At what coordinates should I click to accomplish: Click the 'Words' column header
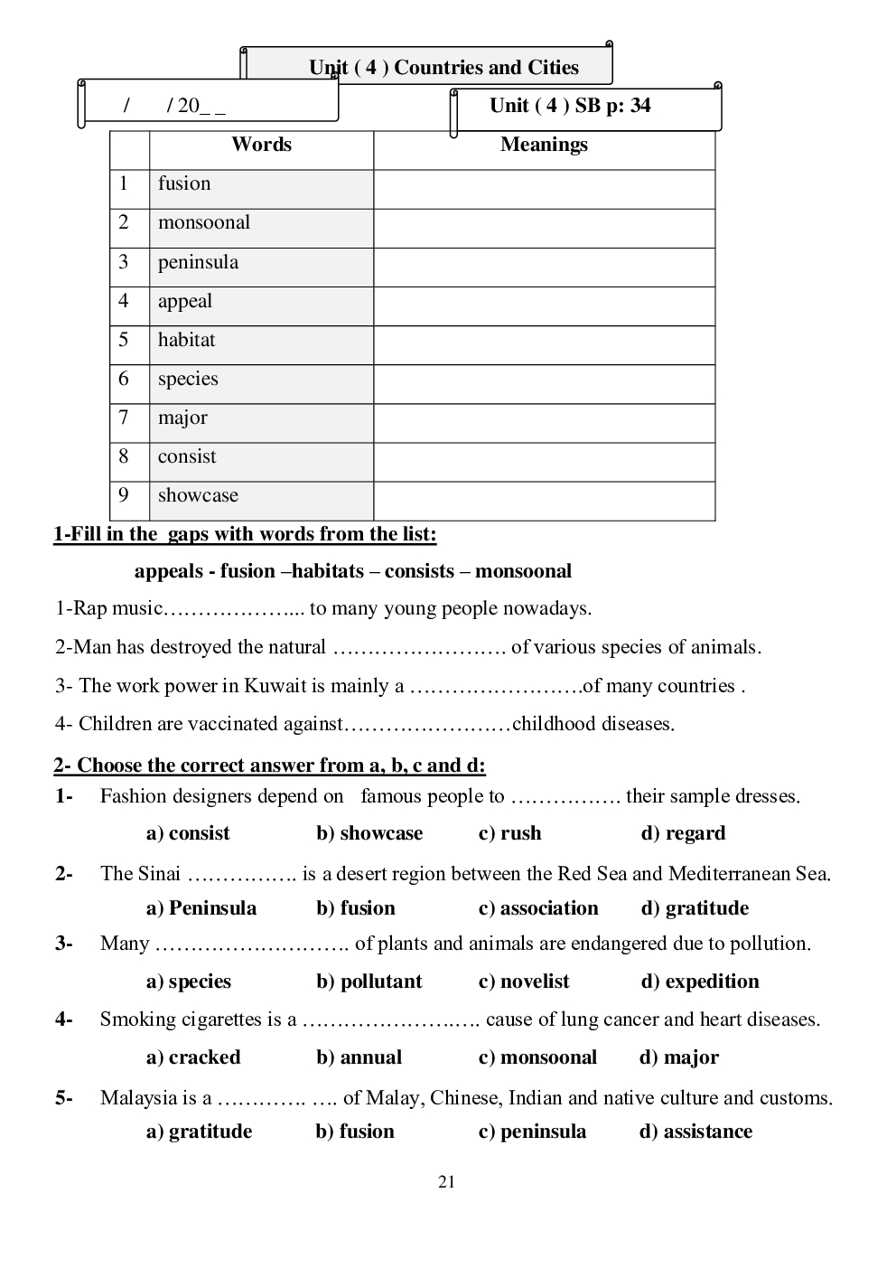coord(261,145)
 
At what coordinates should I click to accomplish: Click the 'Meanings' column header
coord(544,145)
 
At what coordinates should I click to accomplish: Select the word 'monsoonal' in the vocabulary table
coord(204,222)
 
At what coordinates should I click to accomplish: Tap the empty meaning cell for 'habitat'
coord(544,344)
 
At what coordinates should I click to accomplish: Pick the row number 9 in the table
coord(124,495)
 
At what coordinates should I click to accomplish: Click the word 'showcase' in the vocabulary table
coord(198,495)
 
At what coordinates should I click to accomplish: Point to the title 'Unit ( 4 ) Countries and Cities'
coord(443,68)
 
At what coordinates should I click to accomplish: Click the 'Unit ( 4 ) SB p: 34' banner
coord(570,106)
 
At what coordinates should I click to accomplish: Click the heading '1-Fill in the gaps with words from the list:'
coord(245,534)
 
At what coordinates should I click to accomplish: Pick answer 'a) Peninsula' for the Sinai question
coord(201,908)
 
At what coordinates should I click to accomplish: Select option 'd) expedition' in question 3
coord(700,982)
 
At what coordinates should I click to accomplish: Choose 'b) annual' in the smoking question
coord(359,1057)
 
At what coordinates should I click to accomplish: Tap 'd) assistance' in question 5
coord(695,1132)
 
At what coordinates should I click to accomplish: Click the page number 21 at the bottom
coord(446,1182)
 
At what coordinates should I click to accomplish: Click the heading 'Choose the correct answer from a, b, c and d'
coord(270,766)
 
